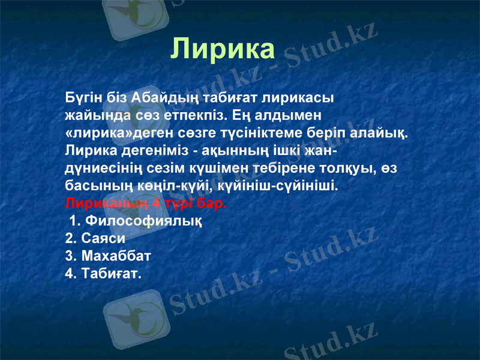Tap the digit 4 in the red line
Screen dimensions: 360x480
[x=155, y=202]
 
